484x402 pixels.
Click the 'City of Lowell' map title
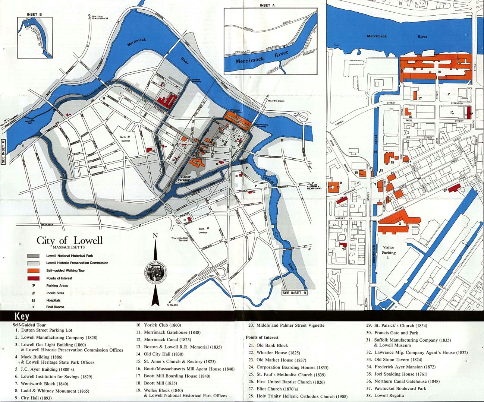pos(69,240)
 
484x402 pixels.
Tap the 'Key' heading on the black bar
pos(22,317)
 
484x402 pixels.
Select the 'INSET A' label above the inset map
pos(267,6)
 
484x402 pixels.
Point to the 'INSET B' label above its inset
pos(34,15)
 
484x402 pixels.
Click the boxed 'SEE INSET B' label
pos(295,293)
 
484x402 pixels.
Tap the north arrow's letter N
pos(155,235)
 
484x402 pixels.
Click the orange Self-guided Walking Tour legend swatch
pos(34,270)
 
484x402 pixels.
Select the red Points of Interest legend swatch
pos(34,278)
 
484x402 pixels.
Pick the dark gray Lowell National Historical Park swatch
pos(34,256)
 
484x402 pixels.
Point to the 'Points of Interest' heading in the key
pos(262,337)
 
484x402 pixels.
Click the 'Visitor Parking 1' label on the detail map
pos(389,252)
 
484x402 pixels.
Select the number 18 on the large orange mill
pos(439,72)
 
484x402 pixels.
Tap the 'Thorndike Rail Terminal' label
pos(179,239)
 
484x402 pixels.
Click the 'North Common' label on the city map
pos(125,139)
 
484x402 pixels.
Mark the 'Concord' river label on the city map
pos(269,181)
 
